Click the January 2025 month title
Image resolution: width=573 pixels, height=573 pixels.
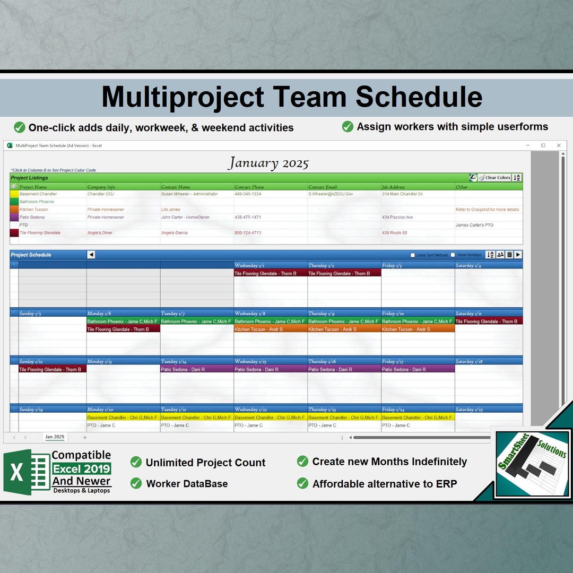tap(268, 163)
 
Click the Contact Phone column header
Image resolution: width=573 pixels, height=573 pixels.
tap(249, 187)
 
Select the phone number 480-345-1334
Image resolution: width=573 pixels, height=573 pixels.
tap(248, 194)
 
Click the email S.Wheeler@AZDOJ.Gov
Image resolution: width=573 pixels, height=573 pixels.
tap(331, 194)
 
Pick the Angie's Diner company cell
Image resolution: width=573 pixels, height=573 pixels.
tap(100, 233)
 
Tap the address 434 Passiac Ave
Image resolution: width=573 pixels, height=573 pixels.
tap(397, 218)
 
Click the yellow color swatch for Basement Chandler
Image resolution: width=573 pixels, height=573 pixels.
tap(14, 194)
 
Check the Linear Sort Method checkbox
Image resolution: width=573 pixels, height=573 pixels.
tap(413, 255)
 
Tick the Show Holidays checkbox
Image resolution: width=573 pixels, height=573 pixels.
tap(453, 255)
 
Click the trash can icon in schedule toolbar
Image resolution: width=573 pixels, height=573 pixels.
tap(509, 255)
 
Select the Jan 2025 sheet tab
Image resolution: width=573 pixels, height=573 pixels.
tap(55, 437)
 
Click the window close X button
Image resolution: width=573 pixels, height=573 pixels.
tap(559, 145)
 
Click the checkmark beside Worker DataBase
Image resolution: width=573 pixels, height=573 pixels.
tap(136, 483)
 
